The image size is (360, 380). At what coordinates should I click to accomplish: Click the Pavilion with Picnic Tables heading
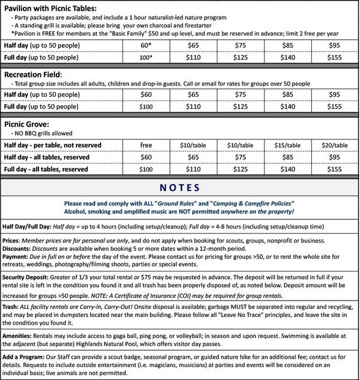[x=50, y=8]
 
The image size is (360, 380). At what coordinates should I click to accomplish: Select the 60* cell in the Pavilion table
[x=146, y=45]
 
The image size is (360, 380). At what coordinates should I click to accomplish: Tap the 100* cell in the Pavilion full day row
[x=146, y=57]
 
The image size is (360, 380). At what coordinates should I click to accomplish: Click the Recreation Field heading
[x=41, y=74]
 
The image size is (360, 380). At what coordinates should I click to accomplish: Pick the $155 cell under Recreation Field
[x=334, y=106]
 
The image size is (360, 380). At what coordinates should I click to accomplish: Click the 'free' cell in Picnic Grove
[x=146, y=145]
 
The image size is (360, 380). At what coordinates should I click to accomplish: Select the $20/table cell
[x=334, y=145]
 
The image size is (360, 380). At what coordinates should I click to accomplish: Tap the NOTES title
[x=180, y=187]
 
